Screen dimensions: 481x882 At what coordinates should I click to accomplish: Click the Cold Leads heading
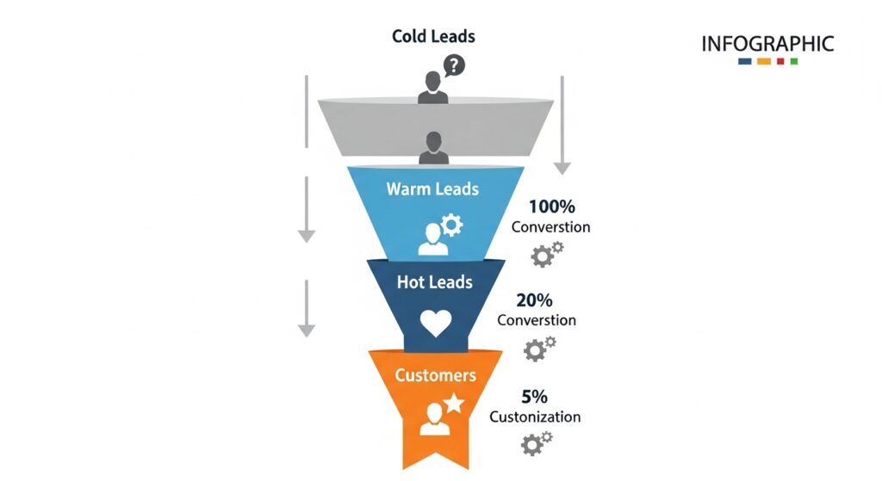[433, 36]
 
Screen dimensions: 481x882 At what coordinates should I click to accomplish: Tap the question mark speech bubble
[452, 65]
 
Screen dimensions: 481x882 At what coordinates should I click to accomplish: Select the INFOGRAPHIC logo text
[767, 43]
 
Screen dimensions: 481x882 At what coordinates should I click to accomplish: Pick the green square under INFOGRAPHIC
[793, 62]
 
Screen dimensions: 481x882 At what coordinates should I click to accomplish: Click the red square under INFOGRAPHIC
[779, 62]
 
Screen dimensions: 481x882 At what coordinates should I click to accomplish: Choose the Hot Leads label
[435, 281]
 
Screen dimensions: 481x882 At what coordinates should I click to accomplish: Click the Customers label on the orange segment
[435, 375]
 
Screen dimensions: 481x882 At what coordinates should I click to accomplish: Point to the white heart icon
[436, 324]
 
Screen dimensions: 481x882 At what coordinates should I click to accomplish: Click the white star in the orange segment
[454, 403]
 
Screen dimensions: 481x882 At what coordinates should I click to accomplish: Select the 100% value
[550, 207]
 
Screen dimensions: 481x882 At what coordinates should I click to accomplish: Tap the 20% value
[536, 300]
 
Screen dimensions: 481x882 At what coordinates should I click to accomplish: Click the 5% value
[534, 397]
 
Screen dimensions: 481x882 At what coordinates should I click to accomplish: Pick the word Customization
[535, 417]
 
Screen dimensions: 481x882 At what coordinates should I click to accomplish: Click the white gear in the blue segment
[451, 225]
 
